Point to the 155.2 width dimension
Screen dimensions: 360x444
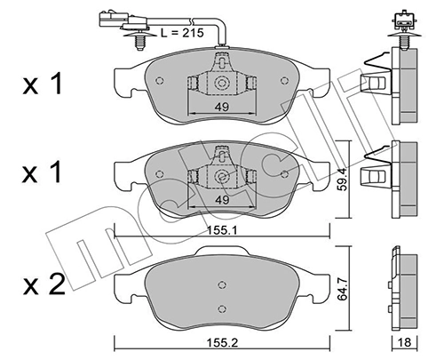point(222,340)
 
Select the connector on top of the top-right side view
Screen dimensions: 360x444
point(397,19)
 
